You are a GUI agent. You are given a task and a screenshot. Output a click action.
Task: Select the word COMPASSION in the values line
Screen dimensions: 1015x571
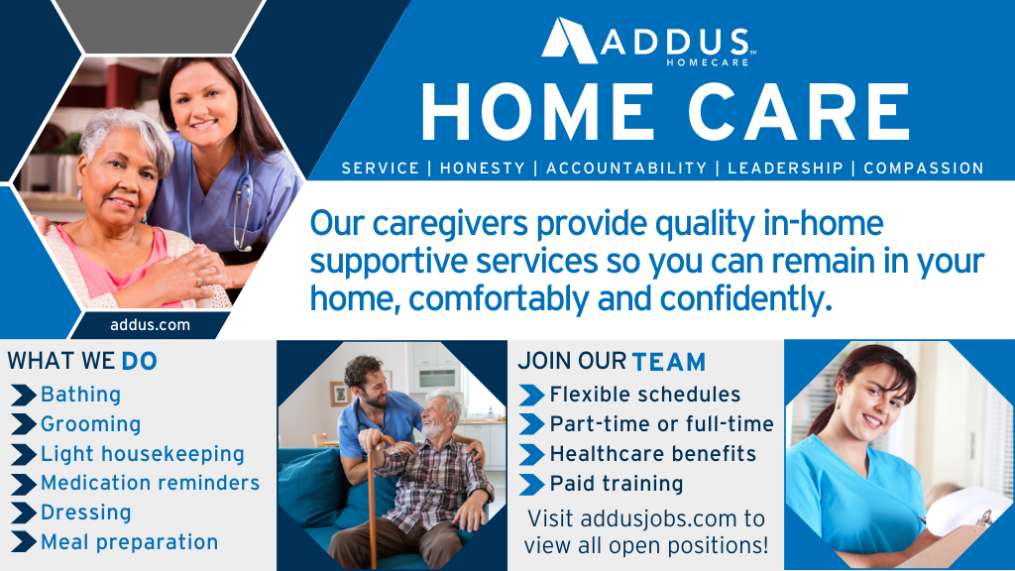tap(924, 169)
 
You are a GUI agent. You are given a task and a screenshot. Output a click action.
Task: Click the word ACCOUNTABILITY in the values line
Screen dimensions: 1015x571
tap(626, 169)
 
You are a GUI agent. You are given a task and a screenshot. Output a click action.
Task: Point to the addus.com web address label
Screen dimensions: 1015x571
tap(151, 324)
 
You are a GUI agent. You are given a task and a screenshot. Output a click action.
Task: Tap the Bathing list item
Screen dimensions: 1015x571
tap(81, 395)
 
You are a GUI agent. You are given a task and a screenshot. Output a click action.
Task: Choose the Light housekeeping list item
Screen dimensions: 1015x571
tap(143, 454)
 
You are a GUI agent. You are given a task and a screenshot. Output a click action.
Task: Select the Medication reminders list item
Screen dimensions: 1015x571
tap(151, 483)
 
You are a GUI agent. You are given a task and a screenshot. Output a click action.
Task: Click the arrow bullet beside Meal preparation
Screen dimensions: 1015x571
tap(24, 542)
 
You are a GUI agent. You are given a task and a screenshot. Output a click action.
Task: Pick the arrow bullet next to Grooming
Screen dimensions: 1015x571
tap(24, 424)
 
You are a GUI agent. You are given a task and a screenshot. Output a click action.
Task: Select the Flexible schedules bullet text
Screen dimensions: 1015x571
tap(644, 395)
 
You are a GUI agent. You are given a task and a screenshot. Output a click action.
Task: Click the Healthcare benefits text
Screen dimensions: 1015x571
tap(653, 454)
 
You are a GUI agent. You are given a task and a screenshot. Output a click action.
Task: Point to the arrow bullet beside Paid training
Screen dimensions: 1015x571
tap(531, 484)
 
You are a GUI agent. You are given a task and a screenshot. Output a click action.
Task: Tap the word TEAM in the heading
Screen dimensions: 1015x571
tap(669, 362)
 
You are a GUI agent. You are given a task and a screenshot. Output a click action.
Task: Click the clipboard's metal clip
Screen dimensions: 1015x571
tap(984, 517)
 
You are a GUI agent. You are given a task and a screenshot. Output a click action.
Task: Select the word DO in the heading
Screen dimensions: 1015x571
tap(139, 361)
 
